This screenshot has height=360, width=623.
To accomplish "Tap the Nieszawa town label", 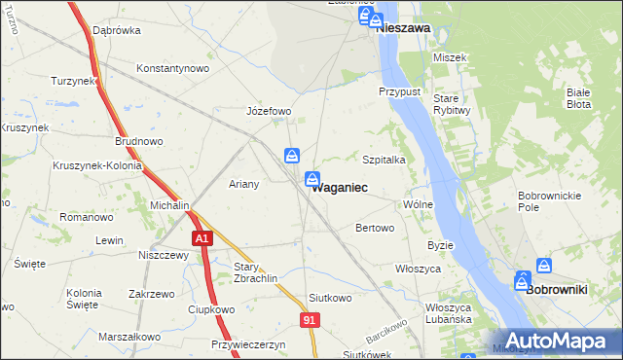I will click(x=403, y=29).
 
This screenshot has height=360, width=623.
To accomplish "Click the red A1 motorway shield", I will click(x=202, y=238).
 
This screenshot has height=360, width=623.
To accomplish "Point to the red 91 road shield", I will click(x=310, y=319).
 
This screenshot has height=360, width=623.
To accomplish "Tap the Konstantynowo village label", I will click(x=173, y=69).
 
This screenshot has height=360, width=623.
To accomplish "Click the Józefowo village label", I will click(x=270, y=111).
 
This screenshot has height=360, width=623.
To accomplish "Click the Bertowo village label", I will click(x=375, y=229).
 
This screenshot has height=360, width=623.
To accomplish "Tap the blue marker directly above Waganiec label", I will click(x=312, y=178).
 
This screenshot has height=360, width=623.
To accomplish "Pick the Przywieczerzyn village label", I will click(x=247, y=344).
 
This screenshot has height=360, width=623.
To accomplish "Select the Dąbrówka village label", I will click(x=117, y=30).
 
